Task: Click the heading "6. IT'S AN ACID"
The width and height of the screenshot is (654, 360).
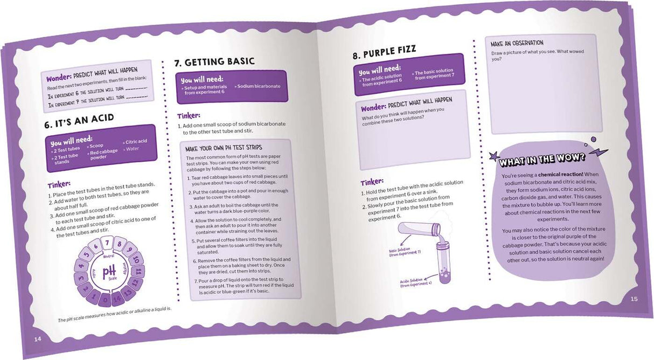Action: click(x=79, y=121)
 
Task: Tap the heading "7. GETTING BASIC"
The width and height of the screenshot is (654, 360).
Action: click(x=214, y=62)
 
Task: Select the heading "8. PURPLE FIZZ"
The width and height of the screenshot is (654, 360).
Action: click(x=384, y=52)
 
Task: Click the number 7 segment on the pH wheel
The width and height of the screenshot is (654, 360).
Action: click(x=107, y=243)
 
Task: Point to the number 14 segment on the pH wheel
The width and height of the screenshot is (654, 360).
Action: click(x=117, y=299)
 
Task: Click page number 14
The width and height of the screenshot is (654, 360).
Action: click(x=38, y=339)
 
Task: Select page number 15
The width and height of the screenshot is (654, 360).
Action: click(x=634, y=299)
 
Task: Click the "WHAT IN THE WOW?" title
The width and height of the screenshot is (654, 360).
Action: click(x=542, y=160)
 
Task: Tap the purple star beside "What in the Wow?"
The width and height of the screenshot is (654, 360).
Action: click(x=495, y=156)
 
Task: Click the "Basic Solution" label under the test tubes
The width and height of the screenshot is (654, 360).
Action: click(x=405, y=252)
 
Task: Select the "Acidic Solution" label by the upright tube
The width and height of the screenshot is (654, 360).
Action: click(x=415, y=282)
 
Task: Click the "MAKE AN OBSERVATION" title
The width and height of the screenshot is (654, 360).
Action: click(x=517, y=43)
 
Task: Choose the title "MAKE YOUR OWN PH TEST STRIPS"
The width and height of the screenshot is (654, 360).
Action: click(x=224, y=148)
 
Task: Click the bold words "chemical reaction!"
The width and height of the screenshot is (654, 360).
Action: click(x=561, y=174)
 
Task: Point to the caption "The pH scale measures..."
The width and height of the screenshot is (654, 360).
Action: click(x=114, y=314)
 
